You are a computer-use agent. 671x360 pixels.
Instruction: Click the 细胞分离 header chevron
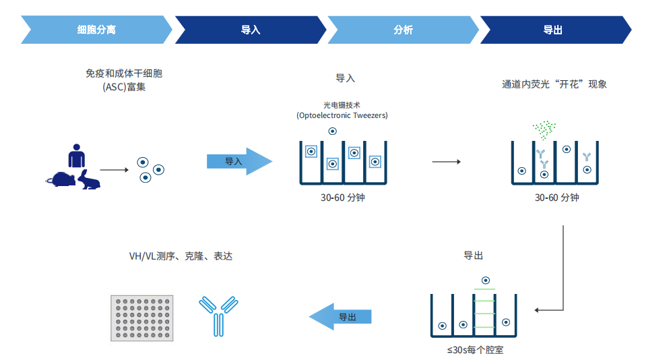(96, 30)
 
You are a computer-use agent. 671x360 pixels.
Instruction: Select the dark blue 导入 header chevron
(251, 30)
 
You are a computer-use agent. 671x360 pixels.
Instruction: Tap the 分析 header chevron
(403, 30)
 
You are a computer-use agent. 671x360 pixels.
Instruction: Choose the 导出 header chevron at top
(555, 30)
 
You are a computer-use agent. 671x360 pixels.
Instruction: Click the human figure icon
(77, 155)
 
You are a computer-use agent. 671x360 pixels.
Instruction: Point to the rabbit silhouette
(88, 180)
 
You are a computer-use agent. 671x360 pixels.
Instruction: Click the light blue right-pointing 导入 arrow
(239, 161)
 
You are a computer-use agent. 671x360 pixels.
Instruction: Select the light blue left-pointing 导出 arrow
(340, 317)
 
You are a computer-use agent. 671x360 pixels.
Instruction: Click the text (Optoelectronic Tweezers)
(342, 115)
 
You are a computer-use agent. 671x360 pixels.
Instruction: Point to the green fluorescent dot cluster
(544, 129)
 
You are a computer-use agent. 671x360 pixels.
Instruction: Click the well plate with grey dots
(142, 318)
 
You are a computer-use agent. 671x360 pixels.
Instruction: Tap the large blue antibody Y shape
(218, 316)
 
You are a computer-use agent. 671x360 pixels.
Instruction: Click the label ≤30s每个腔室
(475, 350)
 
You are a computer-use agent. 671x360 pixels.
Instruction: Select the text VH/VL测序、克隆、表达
(181, 256)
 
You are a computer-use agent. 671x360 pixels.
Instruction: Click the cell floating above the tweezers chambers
(333, 131)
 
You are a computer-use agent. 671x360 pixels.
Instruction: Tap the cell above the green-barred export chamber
(486, 280)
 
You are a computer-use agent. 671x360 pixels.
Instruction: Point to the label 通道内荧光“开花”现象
(554, 84)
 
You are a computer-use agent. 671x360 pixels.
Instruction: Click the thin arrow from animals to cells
(115, 170)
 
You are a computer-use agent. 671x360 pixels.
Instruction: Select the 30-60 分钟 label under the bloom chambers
(556, 198)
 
